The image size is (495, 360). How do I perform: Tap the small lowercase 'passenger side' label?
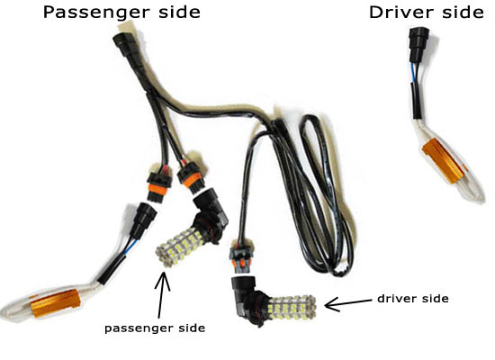click(155, 328)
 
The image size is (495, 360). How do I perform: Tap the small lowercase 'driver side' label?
click(413, 299)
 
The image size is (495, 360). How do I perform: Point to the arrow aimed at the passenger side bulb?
click(162, 294)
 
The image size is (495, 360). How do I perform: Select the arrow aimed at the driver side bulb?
click(348, 304)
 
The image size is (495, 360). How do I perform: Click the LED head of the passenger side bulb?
click(178, 247)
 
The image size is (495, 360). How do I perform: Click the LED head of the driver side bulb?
click(292, 308)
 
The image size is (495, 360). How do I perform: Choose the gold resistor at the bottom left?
click(55, 303)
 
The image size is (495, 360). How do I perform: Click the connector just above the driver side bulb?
click(241, 257)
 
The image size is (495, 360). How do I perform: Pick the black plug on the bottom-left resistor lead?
click(144, 220)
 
